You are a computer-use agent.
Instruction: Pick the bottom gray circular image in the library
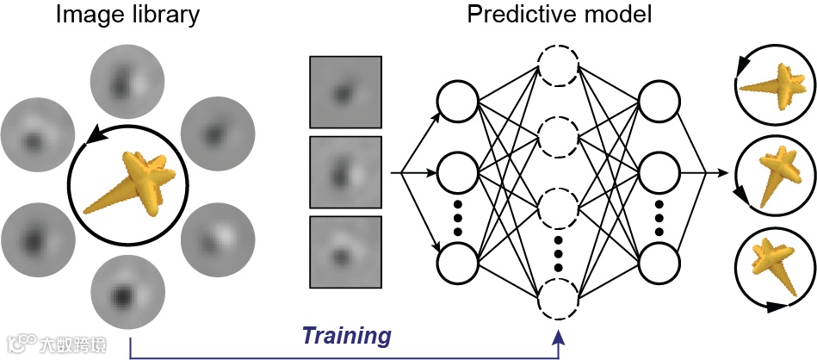tap(126, 294)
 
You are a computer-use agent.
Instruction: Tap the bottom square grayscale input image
tap(344, 251)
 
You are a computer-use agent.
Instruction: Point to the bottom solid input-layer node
tap(457, 262)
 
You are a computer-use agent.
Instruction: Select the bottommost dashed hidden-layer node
tap(558, 301)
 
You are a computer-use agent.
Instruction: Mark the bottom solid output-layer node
tap(659, 262)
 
